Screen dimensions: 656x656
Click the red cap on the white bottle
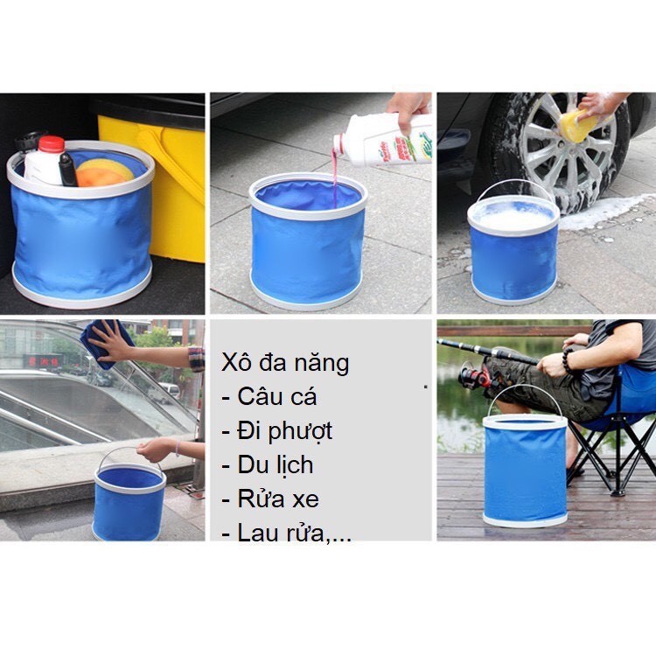(52, 144)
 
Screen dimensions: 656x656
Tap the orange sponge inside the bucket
(102, 173)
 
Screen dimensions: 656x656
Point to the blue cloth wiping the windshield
(105, 344)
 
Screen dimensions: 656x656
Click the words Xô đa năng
(285, 362)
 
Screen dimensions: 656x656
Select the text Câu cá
(277, 396)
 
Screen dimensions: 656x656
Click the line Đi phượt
(284, 431)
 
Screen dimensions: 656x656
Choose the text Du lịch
(276, 464)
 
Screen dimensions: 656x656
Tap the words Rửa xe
(278, 499)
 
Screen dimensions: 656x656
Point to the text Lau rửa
(281, 532)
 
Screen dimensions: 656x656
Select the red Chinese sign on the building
(44, 361)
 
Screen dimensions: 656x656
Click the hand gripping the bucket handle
(156, 450)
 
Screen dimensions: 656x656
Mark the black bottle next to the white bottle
(67, 170)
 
